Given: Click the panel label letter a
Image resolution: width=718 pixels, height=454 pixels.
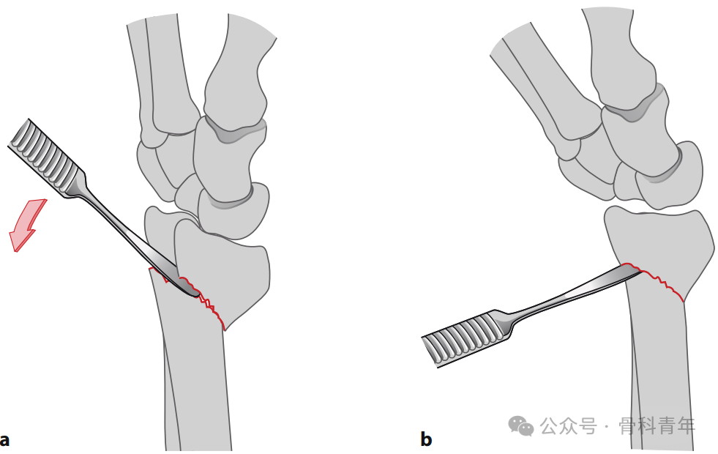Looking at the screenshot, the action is coord(4,440).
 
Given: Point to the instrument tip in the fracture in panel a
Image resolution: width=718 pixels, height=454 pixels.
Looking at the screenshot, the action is coord(198,294).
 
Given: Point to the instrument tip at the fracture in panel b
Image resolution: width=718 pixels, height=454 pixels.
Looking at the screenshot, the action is coord(639,271).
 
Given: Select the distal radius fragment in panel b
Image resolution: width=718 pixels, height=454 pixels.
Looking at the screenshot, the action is coord(659,243).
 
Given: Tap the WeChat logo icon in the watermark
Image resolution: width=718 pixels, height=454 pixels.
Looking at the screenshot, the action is coord(520,425).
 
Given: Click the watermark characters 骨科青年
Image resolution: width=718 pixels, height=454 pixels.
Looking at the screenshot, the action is coord(657,426).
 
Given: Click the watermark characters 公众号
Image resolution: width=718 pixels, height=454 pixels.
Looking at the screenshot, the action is coord(569,426).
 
